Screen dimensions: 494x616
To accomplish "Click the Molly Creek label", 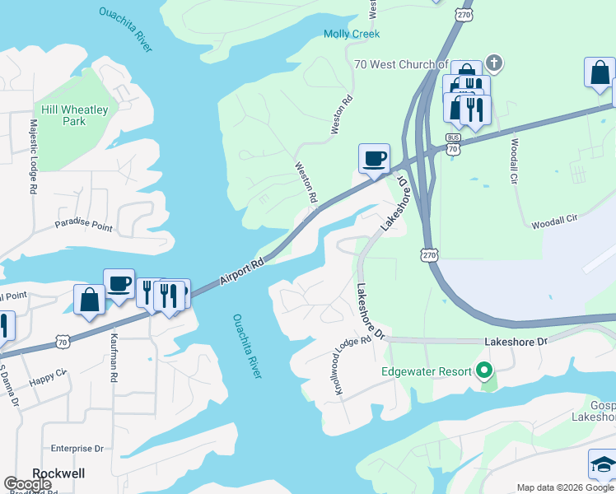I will coord(352,34).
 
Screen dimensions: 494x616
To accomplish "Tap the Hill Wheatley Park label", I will coord(63,115).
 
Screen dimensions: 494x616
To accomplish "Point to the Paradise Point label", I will coord(83,225).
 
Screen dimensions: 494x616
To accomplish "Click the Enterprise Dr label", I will coord(77,449).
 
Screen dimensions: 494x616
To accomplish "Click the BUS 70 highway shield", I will coord(452,143).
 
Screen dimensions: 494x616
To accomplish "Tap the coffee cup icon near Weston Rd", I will coord(374,157).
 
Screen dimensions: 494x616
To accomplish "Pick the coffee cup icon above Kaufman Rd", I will coord(119,282).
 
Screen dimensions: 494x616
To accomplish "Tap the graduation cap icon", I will coord(603,464).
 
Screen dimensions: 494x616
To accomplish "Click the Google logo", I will coord(27,484).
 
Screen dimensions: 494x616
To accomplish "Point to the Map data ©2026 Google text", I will coord(565,487).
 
